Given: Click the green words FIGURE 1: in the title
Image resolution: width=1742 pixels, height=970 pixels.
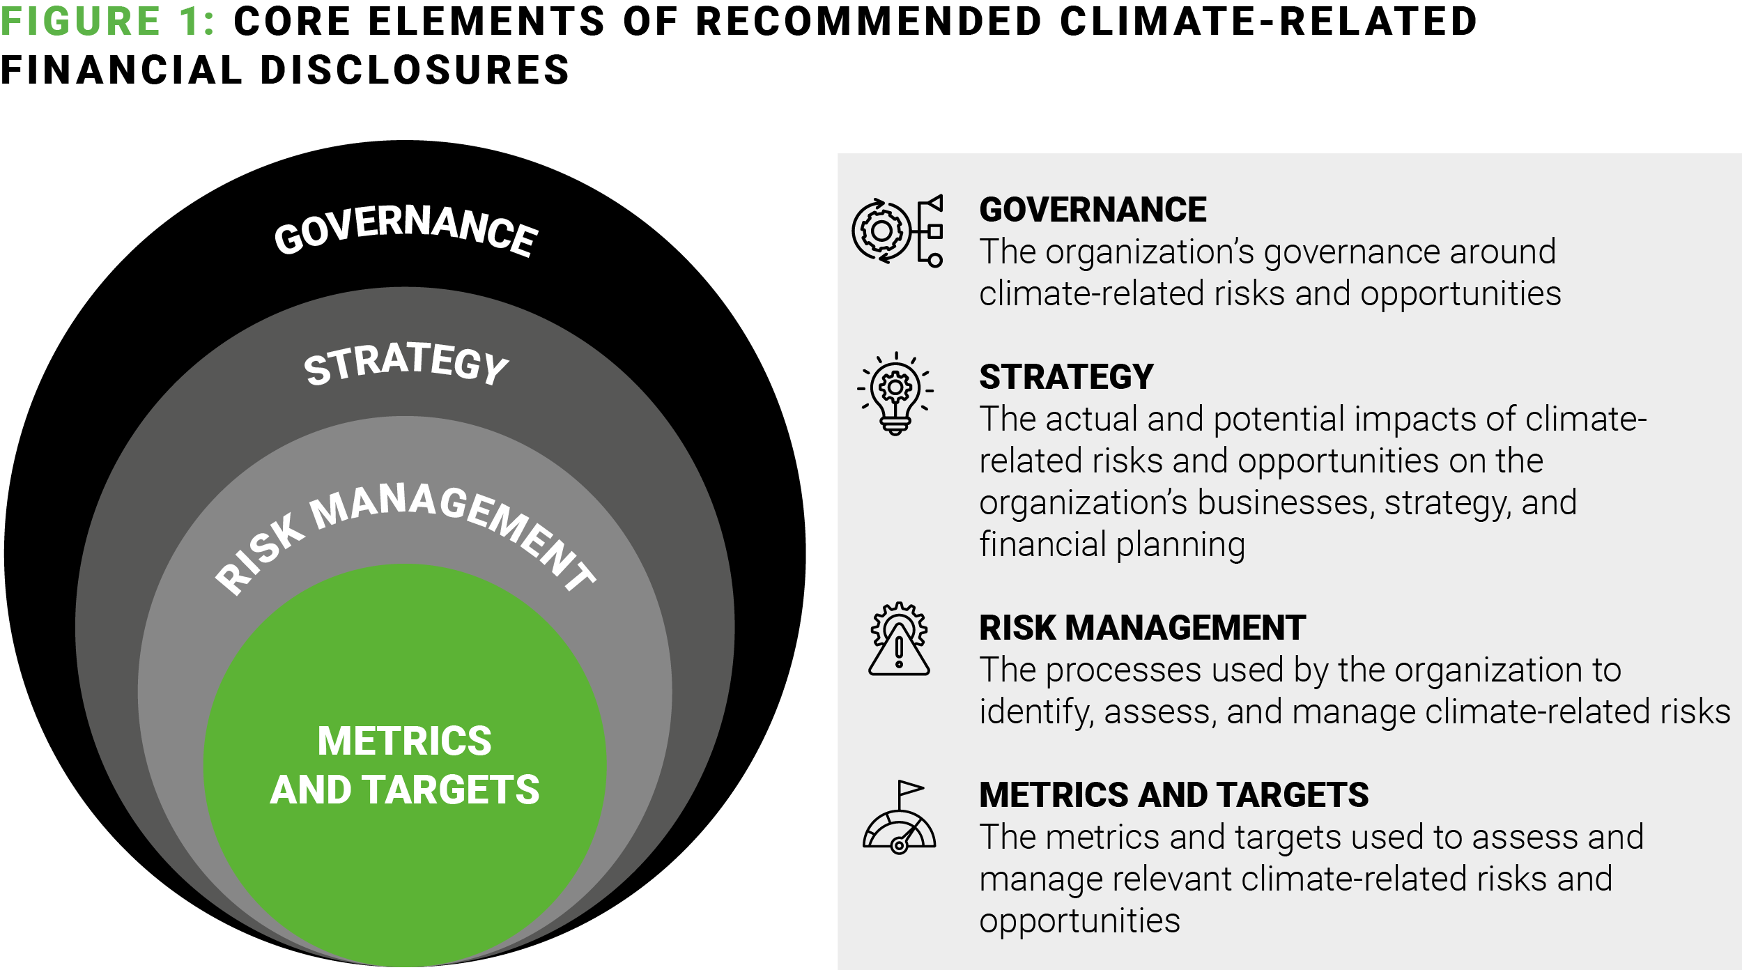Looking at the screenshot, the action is tap(107, 21).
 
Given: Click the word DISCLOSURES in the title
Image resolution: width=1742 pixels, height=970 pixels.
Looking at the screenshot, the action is tap(415, 70).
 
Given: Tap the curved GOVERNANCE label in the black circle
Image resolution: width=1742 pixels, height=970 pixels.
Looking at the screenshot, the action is tap(406, 229).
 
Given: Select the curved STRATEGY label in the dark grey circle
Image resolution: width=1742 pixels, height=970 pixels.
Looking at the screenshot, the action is tap(406, 363).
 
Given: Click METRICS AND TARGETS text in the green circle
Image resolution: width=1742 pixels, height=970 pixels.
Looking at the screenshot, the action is tap(405, 764).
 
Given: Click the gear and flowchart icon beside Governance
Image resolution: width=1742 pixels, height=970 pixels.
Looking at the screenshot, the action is tap(897, 231).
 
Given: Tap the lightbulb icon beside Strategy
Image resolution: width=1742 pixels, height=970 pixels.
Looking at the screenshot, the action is tap(895, 394).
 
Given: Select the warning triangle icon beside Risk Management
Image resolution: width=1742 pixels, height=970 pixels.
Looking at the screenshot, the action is tap(899, 638).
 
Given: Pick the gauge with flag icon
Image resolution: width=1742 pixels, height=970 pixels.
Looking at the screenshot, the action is tap(899, 817).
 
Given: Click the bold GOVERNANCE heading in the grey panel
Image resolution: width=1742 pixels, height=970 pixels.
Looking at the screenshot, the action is tap(1093, 210).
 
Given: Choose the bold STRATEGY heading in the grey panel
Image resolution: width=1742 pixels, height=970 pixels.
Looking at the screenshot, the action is tap(1066, 377).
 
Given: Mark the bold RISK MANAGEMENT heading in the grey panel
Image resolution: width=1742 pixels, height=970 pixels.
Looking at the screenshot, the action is tap(1142, 628).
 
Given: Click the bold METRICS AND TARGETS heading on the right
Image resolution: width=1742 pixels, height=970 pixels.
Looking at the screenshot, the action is tap(1173, 795).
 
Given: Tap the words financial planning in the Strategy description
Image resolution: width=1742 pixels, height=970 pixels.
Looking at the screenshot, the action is tap(1111, 545).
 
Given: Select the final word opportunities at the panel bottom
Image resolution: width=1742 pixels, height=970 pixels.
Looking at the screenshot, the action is tap(1079, 921).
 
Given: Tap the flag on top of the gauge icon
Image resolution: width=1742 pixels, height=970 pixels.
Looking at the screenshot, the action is tap(910, 789).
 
